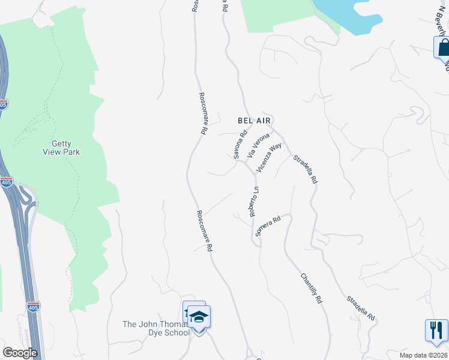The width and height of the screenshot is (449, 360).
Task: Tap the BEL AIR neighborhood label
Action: point(255,121)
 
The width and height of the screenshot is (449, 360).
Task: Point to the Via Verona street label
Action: point(259,146)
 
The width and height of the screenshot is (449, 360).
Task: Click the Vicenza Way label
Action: point(269,158)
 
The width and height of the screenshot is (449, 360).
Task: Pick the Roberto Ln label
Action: point(253,202)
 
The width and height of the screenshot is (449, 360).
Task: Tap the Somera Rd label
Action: point(268,226)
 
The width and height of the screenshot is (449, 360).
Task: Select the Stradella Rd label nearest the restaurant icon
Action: point(360,308)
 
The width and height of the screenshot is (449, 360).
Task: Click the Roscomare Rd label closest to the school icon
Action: point(204,230)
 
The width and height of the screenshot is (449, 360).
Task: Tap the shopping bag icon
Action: point(443,47)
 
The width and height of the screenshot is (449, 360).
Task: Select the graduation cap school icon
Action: point(200,316)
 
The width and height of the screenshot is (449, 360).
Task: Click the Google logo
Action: point(20,353)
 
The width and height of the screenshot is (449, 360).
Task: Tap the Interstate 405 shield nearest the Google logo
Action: point(34,307)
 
